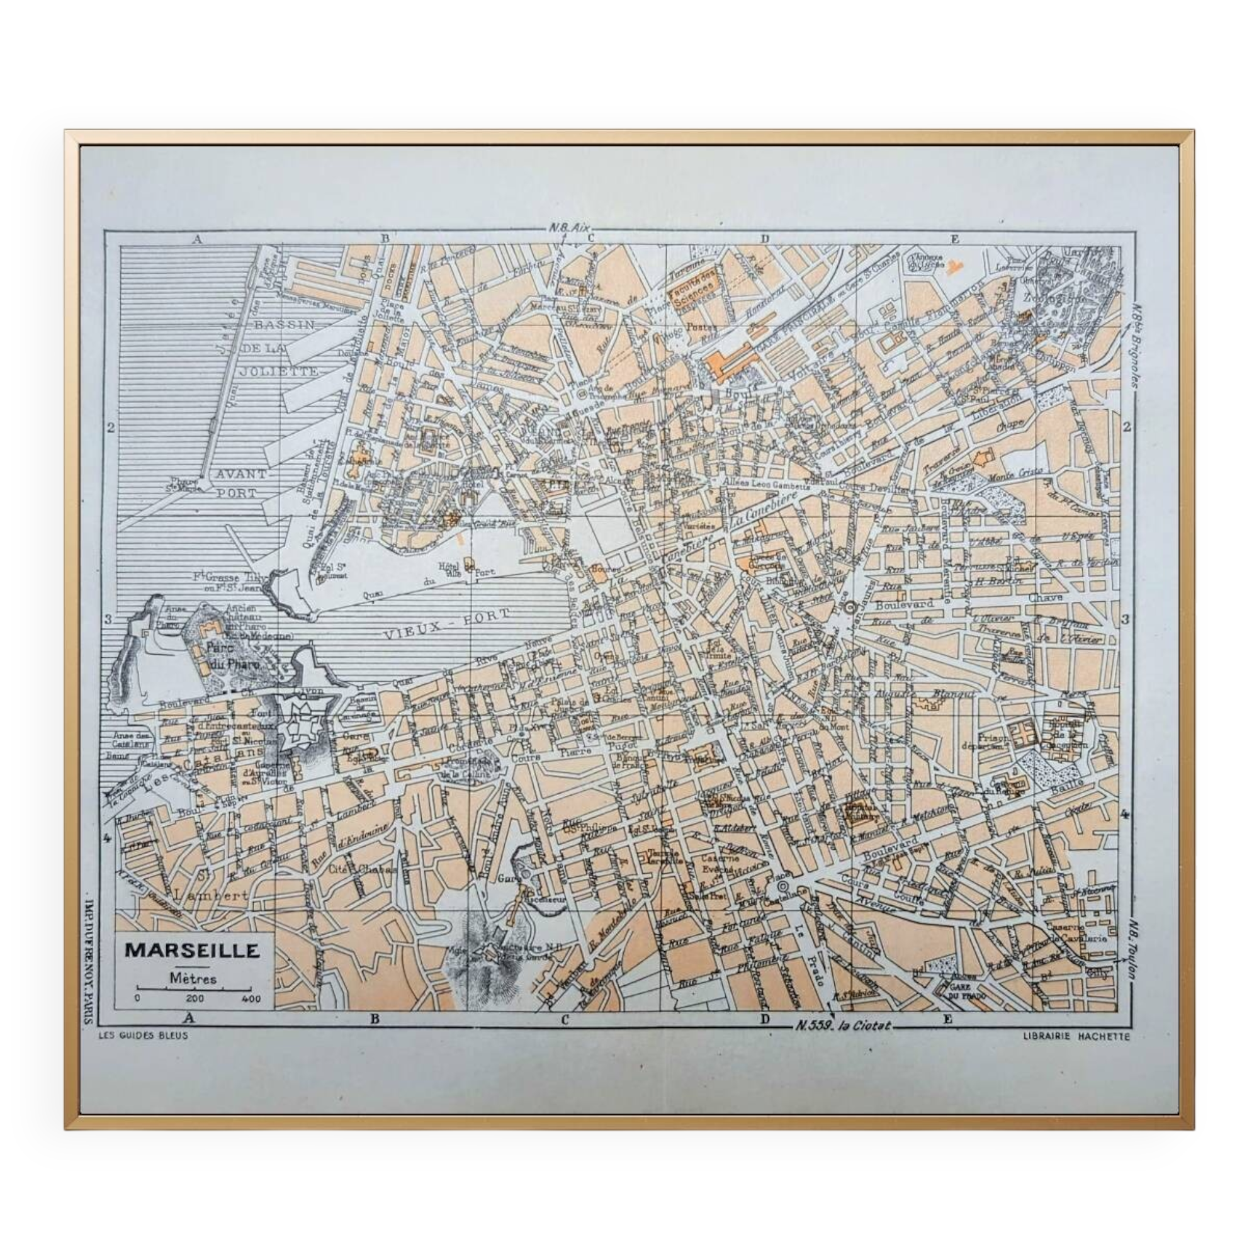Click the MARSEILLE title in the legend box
pyautogui.click(x=192, y=950)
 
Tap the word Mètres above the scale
pyautogui.click(x=193, y=978)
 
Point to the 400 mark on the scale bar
pyautogui.click(x=251, y=998)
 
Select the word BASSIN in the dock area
pyautogui.click(x=284, y=324)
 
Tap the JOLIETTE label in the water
pyautogui.click(x=286, y=371)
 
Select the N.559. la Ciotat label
pyautogui.click(x=842, y=1025)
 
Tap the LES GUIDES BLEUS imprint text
pyautogui.click(x=142, y=1036)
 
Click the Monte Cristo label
pyautogui.click(x=1017, y=473)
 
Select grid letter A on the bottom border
pyautogui.click(x=189, y=1019)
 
